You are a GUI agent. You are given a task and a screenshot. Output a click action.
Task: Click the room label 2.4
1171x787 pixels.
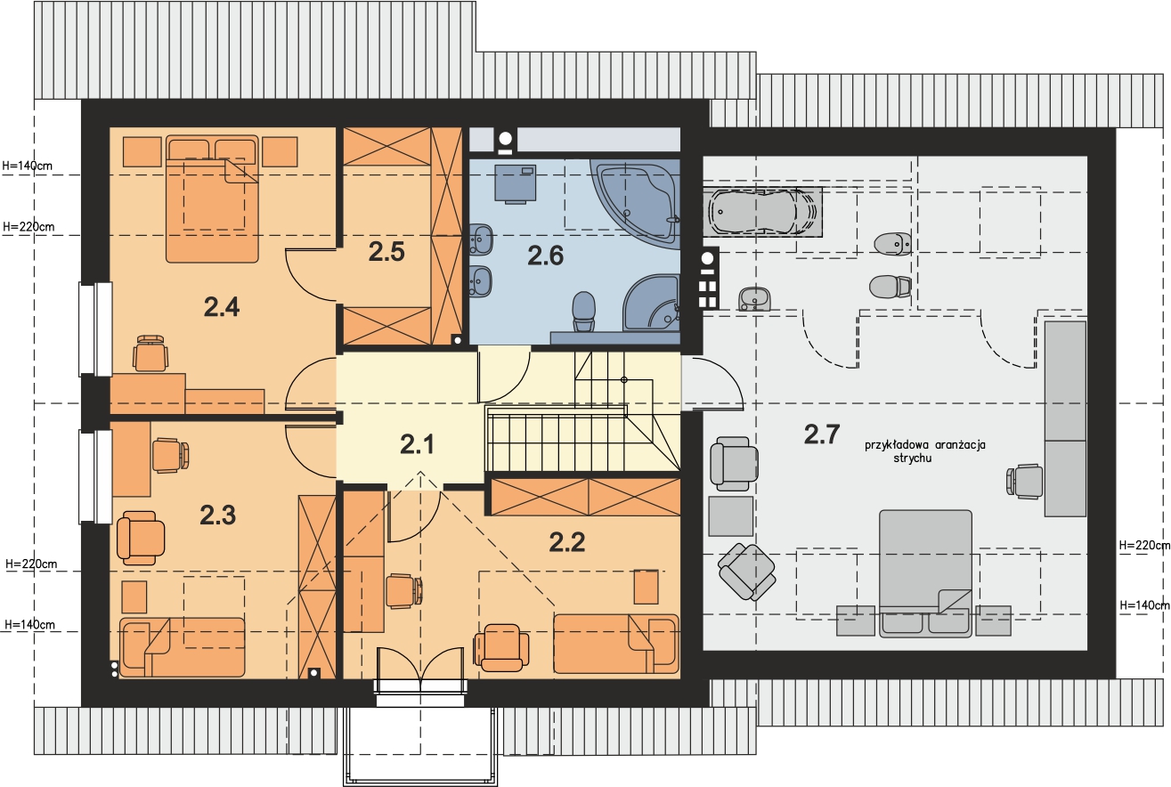(221, 308)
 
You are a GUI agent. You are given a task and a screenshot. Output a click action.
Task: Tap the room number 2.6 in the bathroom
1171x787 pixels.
(545, 256)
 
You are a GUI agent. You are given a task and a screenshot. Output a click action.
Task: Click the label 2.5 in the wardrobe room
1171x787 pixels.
(387, 252)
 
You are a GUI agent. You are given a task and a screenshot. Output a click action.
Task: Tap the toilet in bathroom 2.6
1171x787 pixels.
(583, 312)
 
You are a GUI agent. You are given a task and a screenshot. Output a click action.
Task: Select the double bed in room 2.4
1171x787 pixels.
(212, 199)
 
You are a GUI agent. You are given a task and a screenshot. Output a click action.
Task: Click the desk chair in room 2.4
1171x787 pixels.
(150, 353)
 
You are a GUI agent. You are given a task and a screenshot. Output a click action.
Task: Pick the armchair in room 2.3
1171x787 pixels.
(141, 537)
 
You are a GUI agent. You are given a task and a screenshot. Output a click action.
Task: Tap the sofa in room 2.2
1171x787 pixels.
(615, 643)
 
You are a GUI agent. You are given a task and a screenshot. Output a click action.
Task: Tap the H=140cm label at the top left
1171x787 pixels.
(28, 165)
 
